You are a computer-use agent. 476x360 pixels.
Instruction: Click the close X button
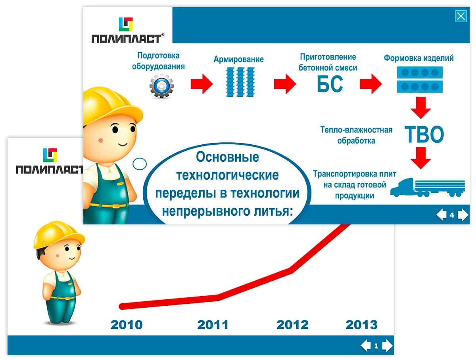coord(461,16)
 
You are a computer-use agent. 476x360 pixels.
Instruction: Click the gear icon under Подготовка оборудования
coord(161,86)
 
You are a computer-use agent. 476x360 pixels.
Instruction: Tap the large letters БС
coord(330,84)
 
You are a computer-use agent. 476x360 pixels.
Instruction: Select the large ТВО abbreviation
coord(424,134)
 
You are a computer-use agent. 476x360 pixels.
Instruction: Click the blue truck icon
coord(428,188)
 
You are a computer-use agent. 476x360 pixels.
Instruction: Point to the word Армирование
coord(238,59)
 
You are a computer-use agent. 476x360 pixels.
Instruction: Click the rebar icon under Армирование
coord(240,82)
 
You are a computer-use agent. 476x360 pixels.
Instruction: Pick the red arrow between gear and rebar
coord(202,84)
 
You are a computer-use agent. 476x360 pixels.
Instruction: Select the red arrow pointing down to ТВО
coord(421,108)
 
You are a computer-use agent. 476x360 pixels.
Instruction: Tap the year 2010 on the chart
coord(127,325)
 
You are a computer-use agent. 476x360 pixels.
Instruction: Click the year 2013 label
coord(361,325)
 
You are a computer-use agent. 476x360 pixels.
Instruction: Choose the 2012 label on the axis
coord(292,325)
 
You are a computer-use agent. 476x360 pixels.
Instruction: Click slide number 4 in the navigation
coord(452,215)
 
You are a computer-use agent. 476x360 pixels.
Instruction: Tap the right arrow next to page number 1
coord(387,345)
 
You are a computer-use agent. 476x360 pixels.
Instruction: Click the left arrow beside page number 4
coord(441,215)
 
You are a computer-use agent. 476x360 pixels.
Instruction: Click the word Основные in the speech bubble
coord(227,157)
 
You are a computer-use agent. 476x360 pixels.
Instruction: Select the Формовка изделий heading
coord(419,58)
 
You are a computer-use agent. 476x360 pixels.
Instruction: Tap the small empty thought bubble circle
coord(140,164)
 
